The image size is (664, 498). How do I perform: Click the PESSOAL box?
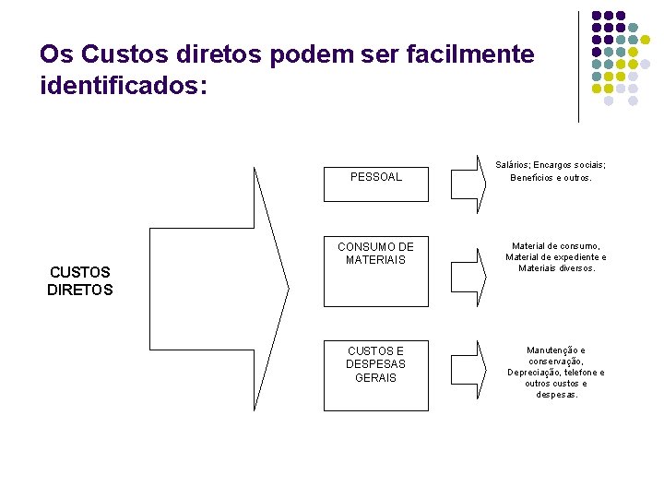pyautogui.click(x=376, y=177)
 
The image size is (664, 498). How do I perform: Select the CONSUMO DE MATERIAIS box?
pyautogui.click(x=376, y=271)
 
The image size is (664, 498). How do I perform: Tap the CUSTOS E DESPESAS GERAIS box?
pyautogui.click(x=376, y=374)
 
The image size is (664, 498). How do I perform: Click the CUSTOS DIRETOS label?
pyautogui.click(x=79, y=280)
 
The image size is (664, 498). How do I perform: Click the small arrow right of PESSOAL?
pyautogui.click(x=468, y=177)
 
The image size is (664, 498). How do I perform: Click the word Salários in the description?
pyautogui.click(x=513, y=164)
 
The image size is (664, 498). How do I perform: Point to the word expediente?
pyautogui.click(x=574, y=257)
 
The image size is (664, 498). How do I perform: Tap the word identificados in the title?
pyautogui.click(x=119, y=87)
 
